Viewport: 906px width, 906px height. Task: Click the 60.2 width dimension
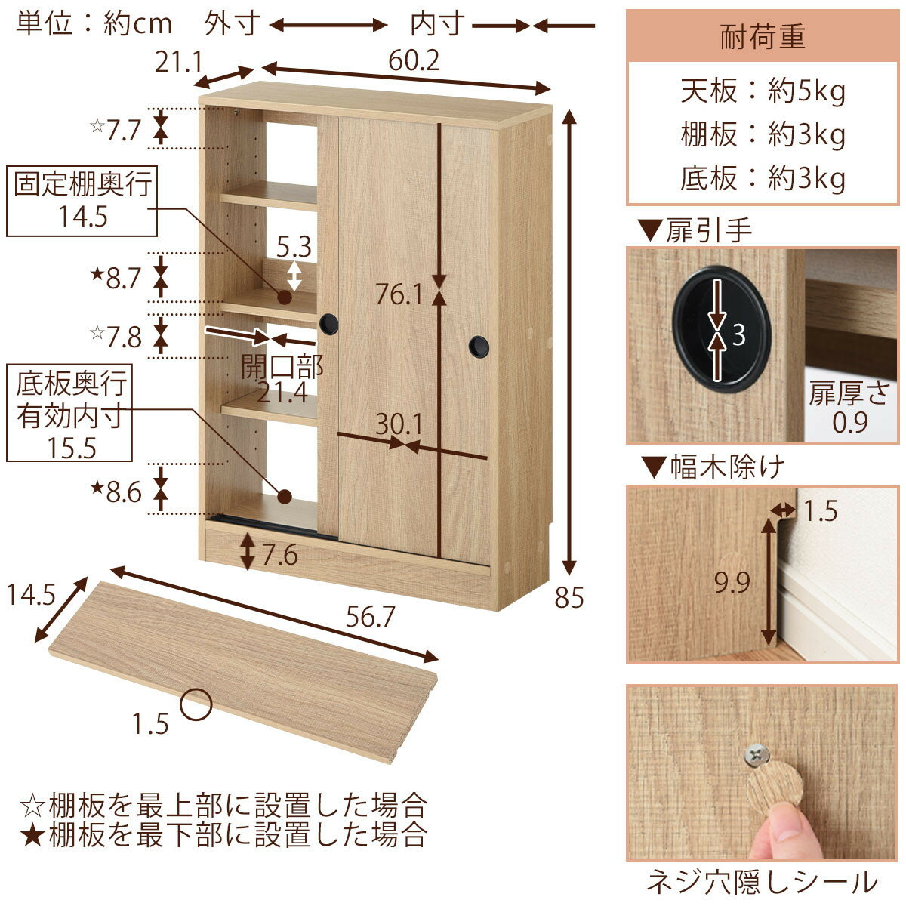(413, 60)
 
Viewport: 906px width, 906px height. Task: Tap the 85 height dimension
(569, 598)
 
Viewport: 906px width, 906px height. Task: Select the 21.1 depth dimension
(178, 62)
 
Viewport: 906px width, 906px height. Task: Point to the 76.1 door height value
(399, 295)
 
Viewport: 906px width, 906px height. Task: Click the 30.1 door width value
(399, 424)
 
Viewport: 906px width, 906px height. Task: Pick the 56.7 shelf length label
(370, 617)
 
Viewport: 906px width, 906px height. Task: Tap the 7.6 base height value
(280, 556)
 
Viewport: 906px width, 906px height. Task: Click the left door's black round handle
(328, 324)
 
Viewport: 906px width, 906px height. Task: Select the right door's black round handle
(479, 347)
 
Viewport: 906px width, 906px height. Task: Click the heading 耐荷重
(763, 38)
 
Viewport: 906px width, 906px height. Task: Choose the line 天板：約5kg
(763, 91)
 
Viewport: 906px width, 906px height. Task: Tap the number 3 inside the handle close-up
(739, 335)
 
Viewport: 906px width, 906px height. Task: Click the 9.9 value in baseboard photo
(732, 584)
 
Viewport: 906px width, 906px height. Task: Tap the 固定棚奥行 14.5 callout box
(82, 200)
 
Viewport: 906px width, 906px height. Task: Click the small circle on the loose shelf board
(196, 704)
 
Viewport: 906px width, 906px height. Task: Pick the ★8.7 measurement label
(116, 278)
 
